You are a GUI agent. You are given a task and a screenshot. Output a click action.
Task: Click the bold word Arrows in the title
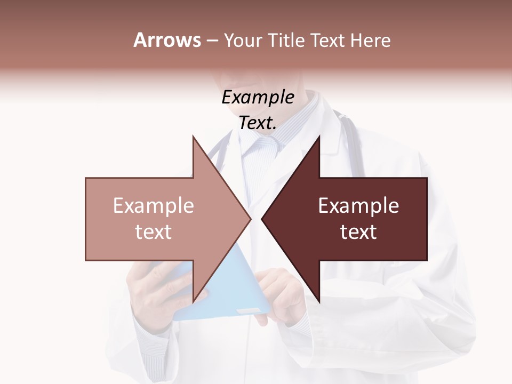(x=167, y=40)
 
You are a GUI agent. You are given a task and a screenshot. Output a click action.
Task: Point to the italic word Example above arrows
(x=258, y=98)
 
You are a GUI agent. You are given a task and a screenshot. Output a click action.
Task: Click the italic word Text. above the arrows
(x=258, y=123)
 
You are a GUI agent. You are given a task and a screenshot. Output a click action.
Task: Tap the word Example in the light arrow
(x=154, y=206)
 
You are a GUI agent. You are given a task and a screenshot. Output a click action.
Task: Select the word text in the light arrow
(x=154, y=232)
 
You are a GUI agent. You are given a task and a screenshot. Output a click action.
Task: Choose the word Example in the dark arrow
(x=358, y=206)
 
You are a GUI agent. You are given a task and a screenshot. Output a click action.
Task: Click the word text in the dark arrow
(x=358, y=232)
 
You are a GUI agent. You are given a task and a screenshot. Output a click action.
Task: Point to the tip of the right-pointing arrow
(x=251, y=219)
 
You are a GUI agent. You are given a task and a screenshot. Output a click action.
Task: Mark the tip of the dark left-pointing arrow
(x=262, y=219)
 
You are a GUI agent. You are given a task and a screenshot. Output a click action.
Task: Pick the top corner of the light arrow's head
(x=193, y=137)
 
